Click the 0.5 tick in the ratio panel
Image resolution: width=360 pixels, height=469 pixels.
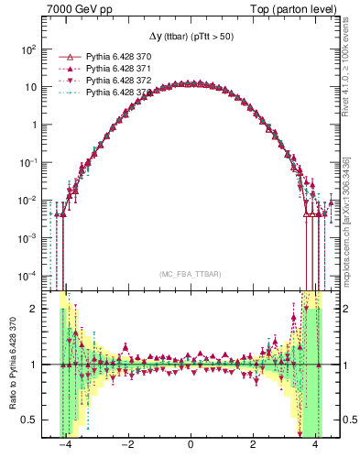pos(29,420)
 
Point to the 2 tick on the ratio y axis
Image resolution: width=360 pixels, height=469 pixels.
pos(35,309)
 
